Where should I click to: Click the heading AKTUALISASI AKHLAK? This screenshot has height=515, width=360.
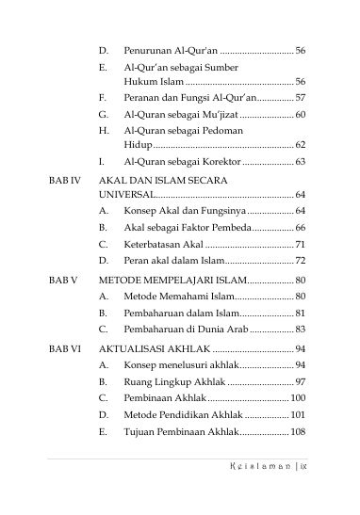pyautogui.click(x=155, y=349)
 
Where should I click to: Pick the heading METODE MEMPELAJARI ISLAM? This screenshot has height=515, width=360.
pyautogui.click(x=171, y=280)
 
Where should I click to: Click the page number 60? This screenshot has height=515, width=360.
pyautogui.click(x=299, y=114)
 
